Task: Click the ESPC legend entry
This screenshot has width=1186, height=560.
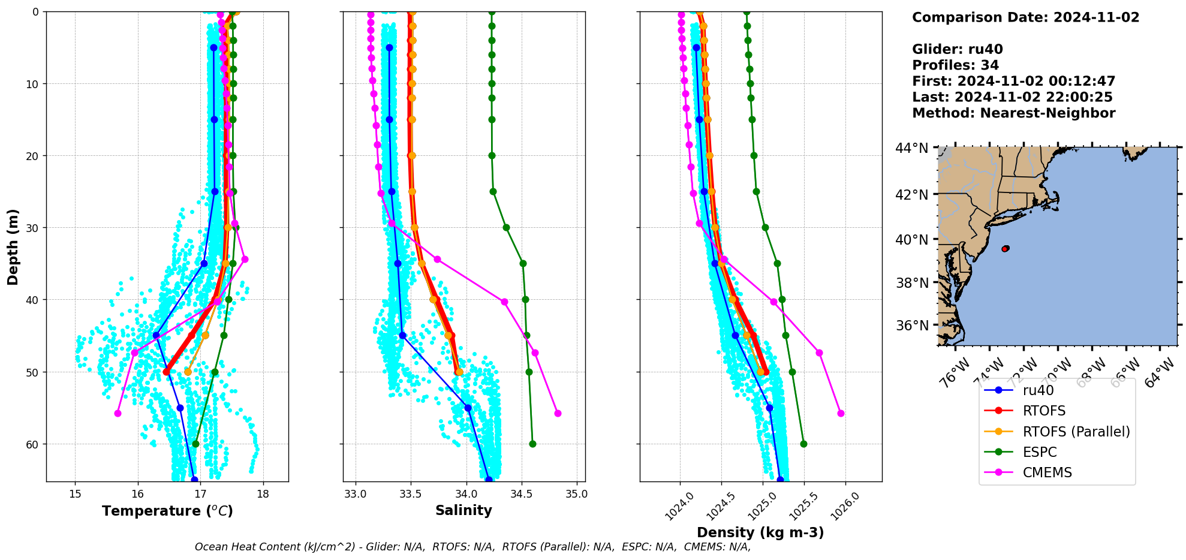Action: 1040,452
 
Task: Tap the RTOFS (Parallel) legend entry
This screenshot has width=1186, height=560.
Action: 1076,432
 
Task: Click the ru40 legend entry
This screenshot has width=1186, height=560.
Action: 1038,390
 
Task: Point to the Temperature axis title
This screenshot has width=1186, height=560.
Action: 167,511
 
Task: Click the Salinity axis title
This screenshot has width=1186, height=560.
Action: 463,510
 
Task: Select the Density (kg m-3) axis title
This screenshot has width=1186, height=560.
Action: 760,532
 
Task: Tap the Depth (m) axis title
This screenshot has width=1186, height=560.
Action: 13,246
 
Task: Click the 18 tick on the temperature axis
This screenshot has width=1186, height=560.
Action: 263,494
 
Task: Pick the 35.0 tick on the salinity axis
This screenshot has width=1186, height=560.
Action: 577,494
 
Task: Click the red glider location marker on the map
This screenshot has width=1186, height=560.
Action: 1005,248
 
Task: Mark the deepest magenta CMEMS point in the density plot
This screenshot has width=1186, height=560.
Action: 841,413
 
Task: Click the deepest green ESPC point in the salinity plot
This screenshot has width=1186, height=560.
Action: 532,444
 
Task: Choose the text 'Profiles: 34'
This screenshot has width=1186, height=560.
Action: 955,65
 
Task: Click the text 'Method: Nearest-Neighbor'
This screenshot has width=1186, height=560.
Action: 1013,113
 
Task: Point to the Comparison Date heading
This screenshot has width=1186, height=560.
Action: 1025,17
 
